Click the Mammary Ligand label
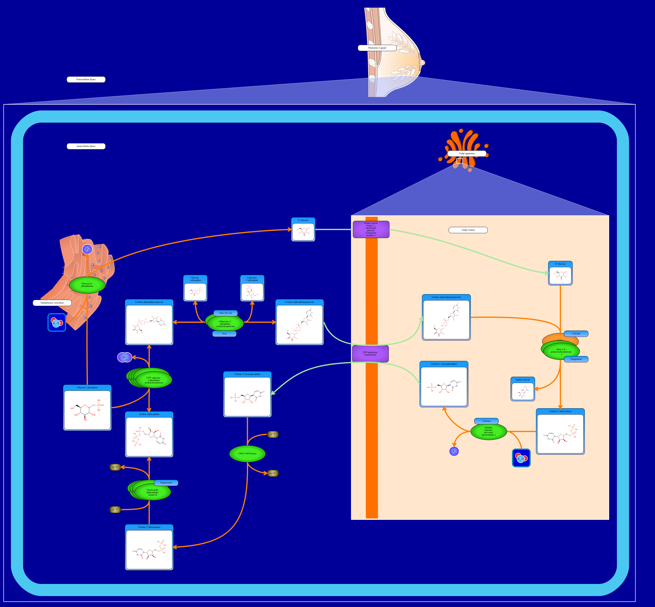click(377, 48)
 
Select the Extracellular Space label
click(86, 80)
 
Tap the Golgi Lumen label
click(468, 230)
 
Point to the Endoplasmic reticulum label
click(52, 303)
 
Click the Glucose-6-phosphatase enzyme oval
click(87, 285)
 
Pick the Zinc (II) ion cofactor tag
click(225, 313)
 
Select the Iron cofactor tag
click(225, 334)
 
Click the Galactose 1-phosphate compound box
click(252, 288)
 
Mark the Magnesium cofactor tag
click(166, 483)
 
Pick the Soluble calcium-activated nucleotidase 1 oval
click(489, 432)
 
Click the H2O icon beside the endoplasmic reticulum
click(56, 323)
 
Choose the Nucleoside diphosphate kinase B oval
click(152, 492)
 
